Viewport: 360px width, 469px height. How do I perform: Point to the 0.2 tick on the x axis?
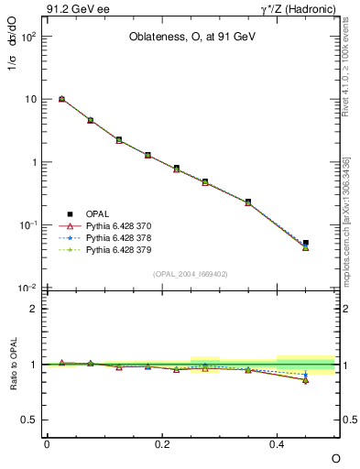pyautogui.click(x=162, y=443)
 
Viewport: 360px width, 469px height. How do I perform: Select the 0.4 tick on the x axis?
pyautogui.click(x=277, y=443)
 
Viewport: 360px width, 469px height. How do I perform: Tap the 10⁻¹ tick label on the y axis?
pyautogui.click(x=29, y=225)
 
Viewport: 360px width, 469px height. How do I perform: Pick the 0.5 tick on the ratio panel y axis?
pyautogui.click(x=29, y=420)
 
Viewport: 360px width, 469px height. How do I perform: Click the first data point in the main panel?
pyautogui.click(x=61, y=99)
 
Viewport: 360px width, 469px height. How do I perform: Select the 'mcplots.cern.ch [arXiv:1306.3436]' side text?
pyautogui.click(x=346, y=221)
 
